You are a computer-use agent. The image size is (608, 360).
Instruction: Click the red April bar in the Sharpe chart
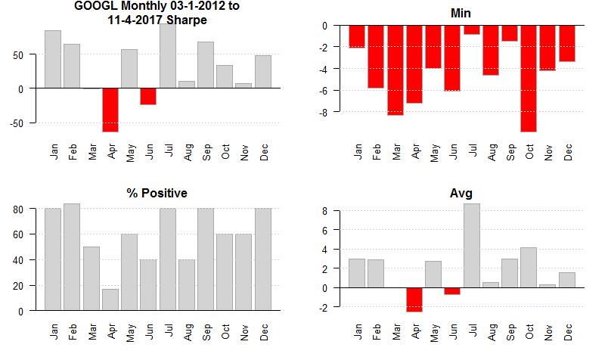click(111, 110)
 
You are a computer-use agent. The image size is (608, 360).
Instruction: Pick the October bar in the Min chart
click(529, 78)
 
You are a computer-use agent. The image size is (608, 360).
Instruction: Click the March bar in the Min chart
click(396, 70)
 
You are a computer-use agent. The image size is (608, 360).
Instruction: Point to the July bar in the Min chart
click(472, 29)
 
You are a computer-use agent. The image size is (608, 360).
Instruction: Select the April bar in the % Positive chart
click(110, 299)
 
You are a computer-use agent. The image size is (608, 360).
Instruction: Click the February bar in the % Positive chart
click(72, 257)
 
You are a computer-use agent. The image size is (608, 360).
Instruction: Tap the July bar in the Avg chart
click(472, 246)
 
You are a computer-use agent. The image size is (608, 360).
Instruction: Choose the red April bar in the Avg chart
click(414, 299)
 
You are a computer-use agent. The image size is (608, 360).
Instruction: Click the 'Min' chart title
click(461, 13)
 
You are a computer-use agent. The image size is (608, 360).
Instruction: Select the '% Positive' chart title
click(157, 194)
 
